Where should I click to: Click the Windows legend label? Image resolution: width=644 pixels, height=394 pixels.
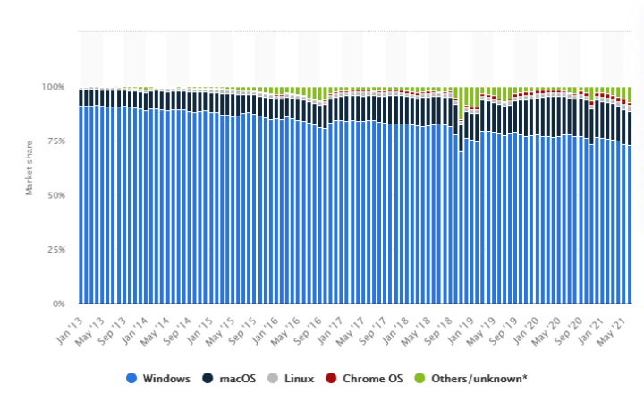[166, 379]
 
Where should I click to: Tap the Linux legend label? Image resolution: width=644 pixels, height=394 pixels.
[299, 379]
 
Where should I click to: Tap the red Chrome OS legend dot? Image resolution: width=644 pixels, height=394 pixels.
[334, 379]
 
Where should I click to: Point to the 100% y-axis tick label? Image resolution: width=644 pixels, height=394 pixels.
[52, 87]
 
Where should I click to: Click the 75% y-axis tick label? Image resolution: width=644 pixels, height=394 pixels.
[55, 141]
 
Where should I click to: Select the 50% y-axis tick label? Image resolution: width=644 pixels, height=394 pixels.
[55, 195]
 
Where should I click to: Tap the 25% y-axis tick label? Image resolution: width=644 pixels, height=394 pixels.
[55, 249]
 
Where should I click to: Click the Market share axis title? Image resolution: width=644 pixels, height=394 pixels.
[29, 166]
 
